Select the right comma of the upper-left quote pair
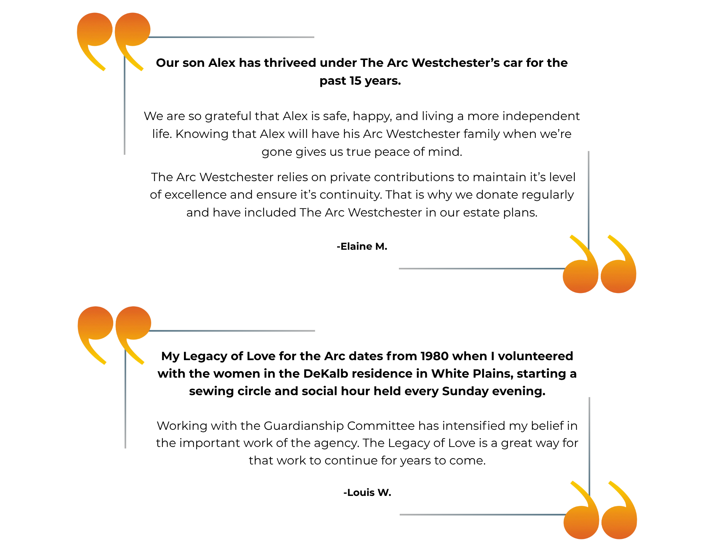point(133,30)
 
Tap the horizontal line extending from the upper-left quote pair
point(232,37)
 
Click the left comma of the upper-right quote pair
point(581,277)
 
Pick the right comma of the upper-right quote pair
point(619,277)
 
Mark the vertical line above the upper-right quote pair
point(589,197)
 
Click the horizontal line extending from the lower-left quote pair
point(232,331)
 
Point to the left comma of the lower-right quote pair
point(581,523)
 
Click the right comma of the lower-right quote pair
point(619,523)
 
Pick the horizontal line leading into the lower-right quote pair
point(482,515)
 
